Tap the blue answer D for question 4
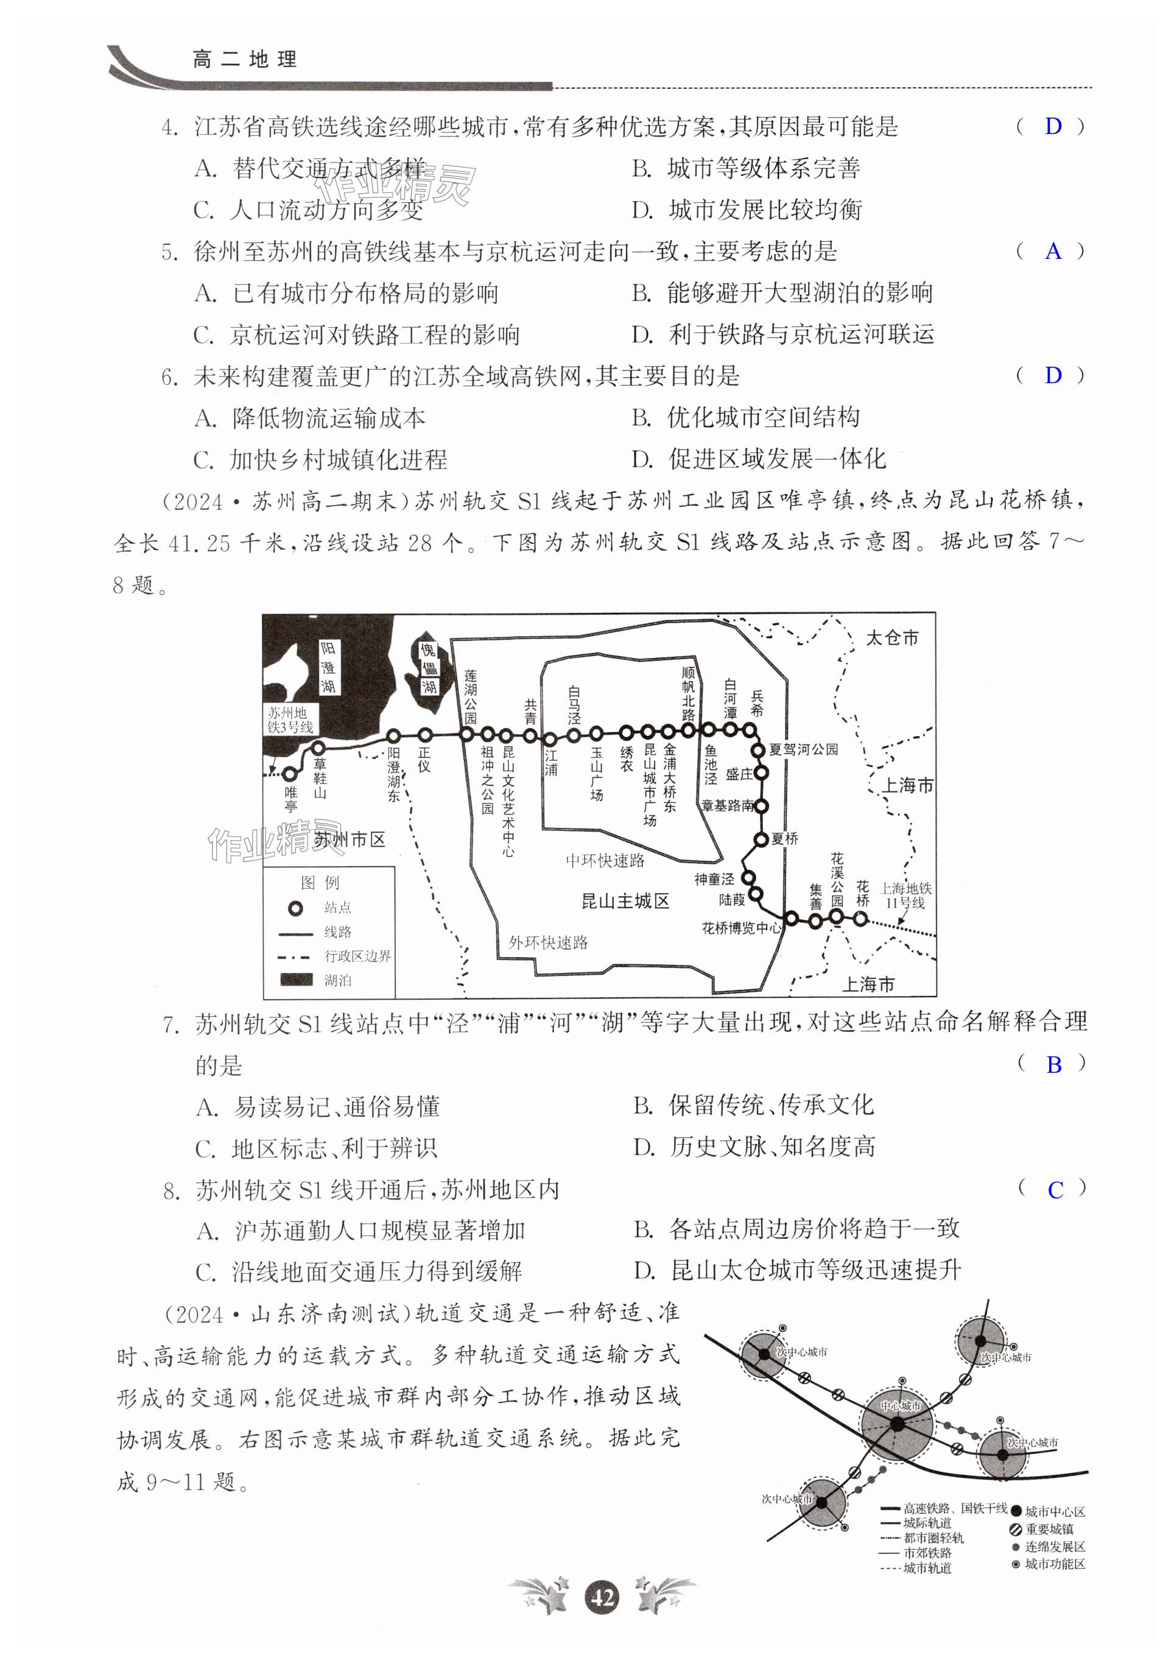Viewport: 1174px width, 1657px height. [x=1053, y=127]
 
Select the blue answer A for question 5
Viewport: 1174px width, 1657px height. [x=1053, y=251]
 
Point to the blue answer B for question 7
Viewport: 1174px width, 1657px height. [x=1054, y=1064]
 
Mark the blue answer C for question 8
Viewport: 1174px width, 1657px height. [x=1055, y=1190]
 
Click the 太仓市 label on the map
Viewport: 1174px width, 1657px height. [x=891, y=637]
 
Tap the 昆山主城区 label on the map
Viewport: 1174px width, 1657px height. [x=625, y=901]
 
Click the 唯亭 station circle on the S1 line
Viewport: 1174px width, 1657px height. [x=290, y=773]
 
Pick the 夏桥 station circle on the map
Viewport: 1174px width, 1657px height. [x=761, y=839]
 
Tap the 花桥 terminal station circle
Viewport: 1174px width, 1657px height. [x=860, y=919]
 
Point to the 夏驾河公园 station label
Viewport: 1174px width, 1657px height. [x=803, y=749]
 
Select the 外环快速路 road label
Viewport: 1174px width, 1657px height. [x=548, y=942]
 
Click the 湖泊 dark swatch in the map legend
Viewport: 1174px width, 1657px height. [x=296, y=980]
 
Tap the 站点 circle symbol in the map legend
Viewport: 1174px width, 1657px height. [x=295, y=908]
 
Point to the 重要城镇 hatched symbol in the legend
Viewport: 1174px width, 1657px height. [x=1016, y=1529]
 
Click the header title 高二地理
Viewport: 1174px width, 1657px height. [x=245, y=59]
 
